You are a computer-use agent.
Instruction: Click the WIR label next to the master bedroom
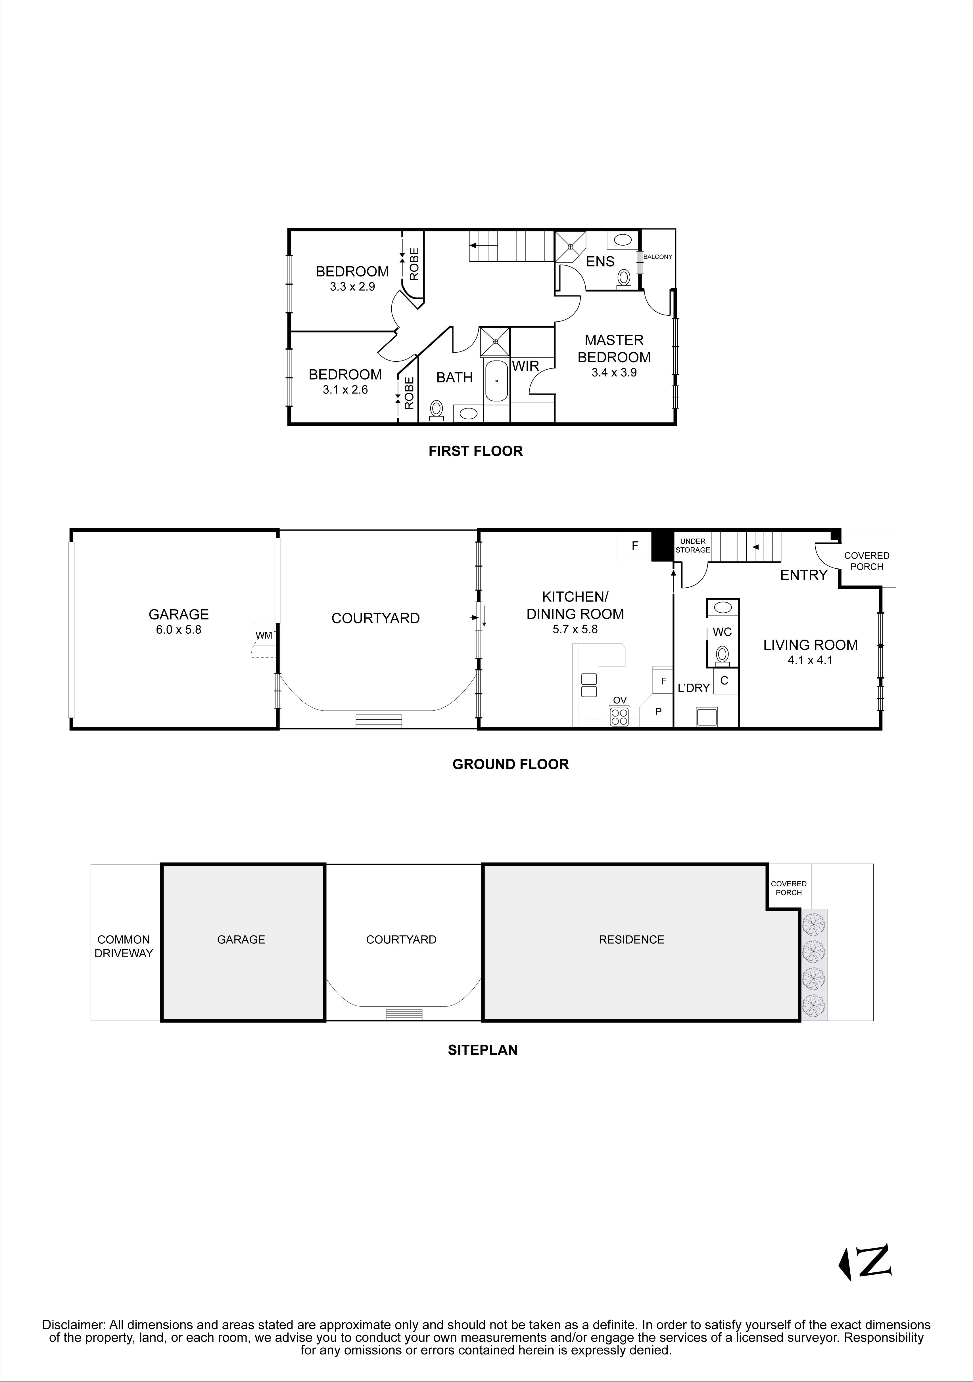[x=526, y=366]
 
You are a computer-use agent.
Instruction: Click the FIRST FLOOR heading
[x=476, y=451]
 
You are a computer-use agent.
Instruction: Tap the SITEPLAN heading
[x=483, y=1050]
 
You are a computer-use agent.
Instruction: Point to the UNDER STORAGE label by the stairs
[x=693, y=545]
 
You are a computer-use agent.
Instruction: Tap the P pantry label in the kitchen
[x=659, y=711]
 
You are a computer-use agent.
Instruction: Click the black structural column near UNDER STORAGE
[x=662, y=545]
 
